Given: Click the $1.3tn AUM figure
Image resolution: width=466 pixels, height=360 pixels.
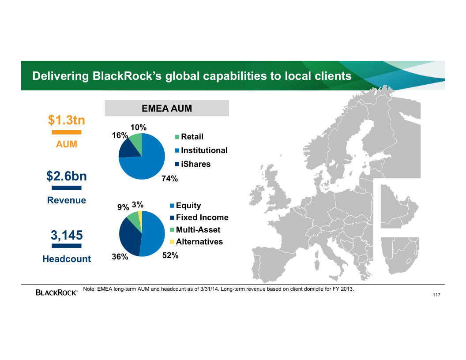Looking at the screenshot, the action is (x=67, y=120).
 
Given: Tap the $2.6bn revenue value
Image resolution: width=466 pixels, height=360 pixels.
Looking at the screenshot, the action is (x=67, y=176).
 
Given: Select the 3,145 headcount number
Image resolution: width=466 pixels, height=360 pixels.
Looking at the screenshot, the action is (x=67, y=235).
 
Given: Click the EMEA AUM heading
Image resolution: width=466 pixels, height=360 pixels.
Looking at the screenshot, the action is (x=167, y=109).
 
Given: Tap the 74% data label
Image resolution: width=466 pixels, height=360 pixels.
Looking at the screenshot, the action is (x=170, y=179).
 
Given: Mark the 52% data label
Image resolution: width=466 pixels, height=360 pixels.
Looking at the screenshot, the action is (x=170, y=255).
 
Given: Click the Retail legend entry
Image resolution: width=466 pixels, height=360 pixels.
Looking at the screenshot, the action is (x=189, y=137).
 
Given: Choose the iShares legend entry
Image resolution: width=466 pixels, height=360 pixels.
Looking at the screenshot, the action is (x=193, y=164).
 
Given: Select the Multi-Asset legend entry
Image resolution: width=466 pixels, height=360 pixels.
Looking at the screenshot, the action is (x=195, y=229).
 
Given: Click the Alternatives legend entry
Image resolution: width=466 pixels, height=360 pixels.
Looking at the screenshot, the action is (x=196, y=242).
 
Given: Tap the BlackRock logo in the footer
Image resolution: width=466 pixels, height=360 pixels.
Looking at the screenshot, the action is (x=56, y=292).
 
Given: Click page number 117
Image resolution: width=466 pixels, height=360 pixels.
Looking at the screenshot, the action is (x=436, y=295).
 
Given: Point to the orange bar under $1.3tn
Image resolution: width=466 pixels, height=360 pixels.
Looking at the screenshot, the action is (x=67, y=132).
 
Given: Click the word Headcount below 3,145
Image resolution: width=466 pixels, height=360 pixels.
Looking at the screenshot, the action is (x=67, y=259).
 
